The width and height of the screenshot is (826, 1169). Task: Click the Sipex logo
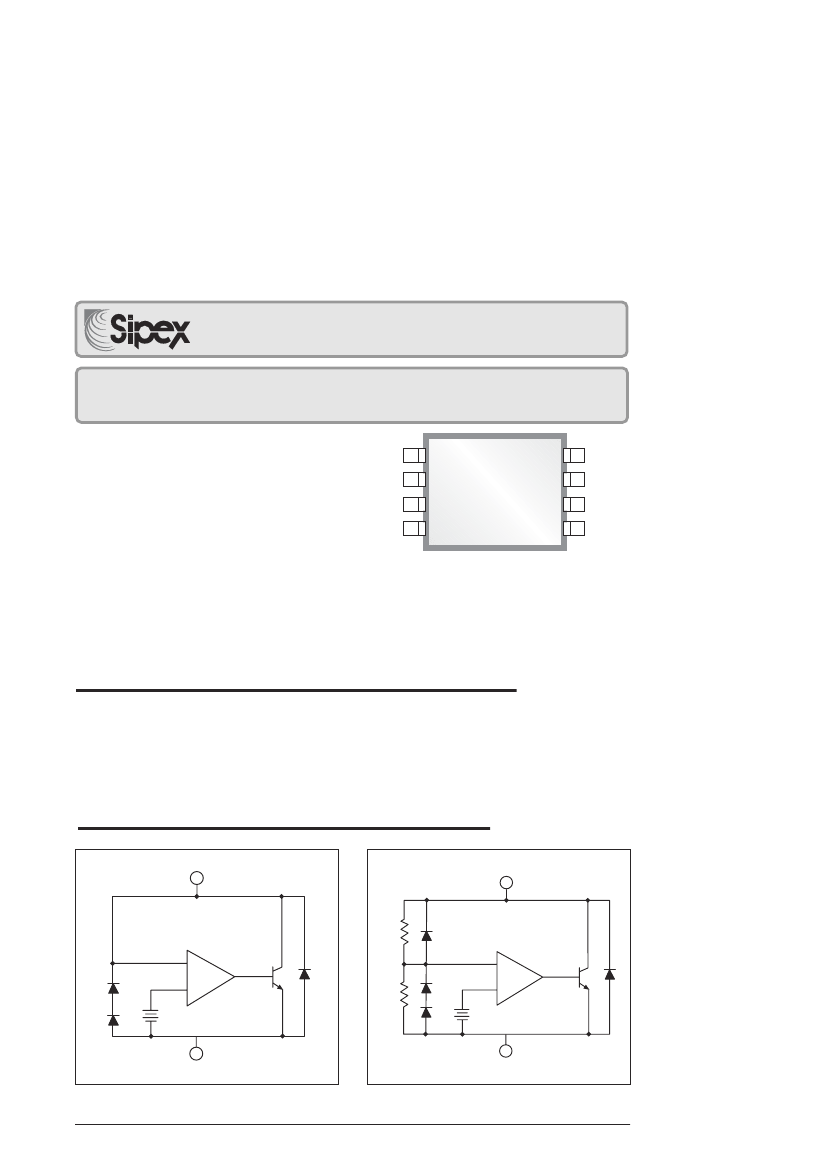click(x=137, y=329)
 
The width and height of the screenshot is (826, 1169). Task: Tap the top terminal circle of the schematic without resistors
click(x=196, y=877)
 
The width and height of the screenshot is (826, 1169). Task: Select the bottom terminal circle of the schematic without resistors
click(x=196, y=1053)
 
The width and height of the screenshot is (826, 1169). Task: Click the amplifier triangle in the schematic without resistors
click(x=210, y=977)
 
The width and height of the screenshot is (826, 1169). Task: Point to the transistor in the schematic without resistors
click(x=277, y=976)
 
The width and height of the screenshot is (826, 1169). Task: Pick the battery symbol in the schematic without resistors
click(x=151, y=1015)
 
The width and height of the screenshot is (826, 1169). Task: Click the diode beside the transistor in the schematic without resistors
click(x=303, y=973)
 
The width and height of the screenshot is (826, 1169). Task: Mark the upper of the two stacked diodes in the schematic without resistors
click(x=113, y=989)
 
